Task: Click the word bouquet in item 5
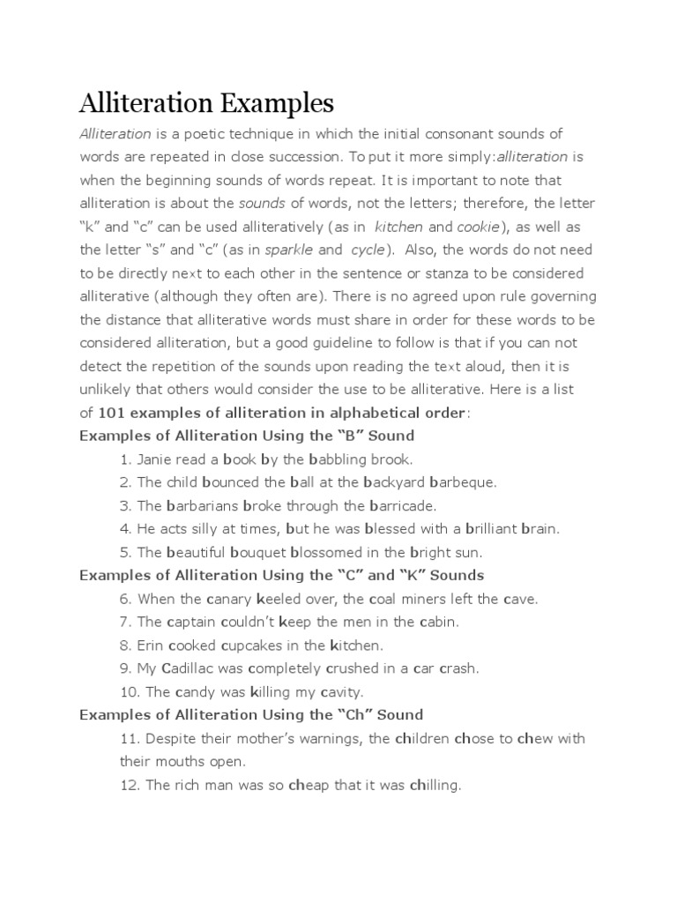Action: click(x=257, y=552)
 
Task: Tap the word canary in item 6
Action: click(x=234, y=599)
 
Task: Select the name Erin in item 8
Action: click(x=150, y=645)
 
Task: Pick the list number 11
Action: click(x=128, y=738)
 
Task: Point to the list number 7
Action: click(x=125, y=622)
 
